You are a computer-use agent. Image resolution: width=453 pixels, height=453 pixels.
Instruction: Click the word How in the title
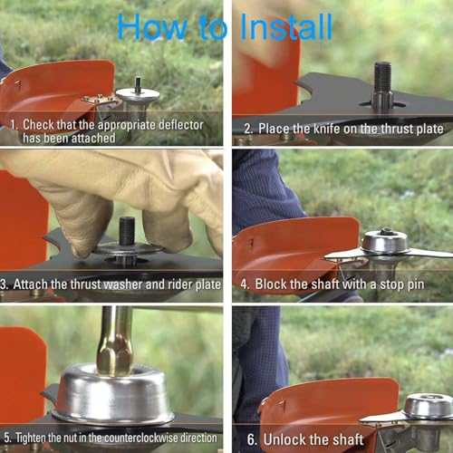[149, 26]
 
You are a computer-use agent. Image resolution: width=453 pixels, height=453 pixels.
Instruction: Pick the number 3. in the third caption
[5, 284]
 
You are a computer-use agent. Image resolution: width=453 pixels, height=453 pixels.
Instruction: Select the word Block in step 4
[273, 284]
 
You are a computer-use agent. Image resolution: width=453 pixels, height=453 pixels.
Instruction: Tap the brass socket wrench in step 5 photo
[116, 340]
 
